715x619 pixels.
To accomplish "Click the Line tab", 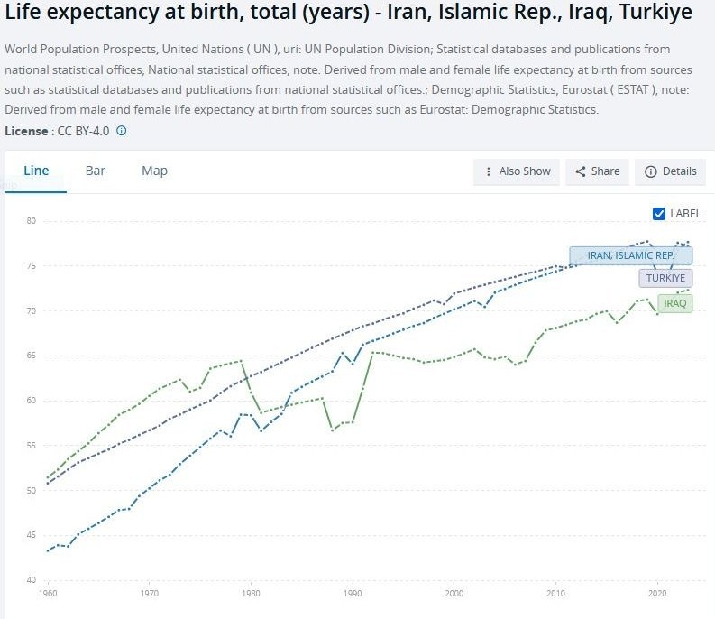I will [x=36, y=171].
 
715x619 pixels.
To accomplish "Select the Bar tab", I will [x=96, y=171].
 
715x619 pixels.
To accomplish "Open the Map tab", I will [x=154, y=171].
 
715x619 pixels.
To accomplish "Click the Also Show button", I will [x=518, y=171].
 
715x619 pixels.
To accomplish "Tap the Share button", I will [x=597, y=171].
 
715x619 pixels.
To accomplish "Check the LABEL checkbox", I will [x=659, y=214].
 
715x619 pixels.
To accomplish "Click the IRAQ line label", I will [x=675, y=303].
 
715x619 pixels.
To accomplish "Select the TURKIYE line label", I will [x=666, y=278].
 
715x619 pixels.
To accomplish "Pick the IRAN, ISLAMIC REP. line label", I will [x=630, y=255].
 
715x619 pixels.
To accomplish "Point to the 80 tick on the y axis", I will [x=31, y=221].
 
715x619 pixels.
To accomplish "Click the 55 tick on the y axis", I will [x=31, y=446].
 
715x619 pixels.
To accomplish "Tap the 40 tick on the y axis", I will [x=31, y=580].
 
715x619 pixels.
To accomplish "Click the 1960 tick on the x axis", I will [x=49, y=595].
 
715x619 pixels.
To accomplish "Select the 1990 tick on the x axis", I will [x=353, y=595].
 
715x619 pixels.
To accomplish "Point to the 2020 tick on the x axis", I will [x=657, y=595].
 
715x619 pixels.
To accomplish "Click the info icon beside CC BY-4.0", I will [x=122, y=131].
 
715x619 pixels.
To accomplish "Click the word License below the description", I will [x=24, y=131].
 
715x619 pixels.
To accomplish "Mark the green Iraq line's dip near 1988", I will [x=332, y=430].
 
